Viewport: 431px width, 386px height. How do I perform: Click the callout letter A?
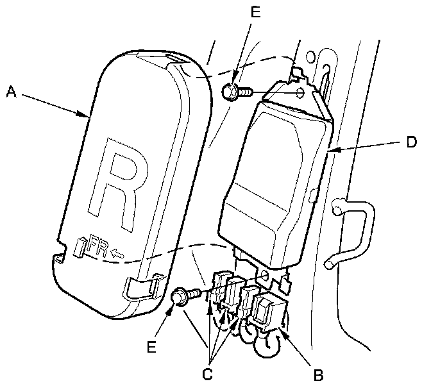[x=10, y=92]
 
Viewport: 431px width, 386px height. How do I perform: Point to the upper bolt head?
[x=228, y=92]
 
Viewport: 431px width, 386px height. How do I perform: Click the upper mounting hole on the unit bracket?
[x=301, y=94]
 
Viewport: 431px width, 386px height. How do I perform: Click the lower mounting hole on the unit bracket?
[x=264, y=277]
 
